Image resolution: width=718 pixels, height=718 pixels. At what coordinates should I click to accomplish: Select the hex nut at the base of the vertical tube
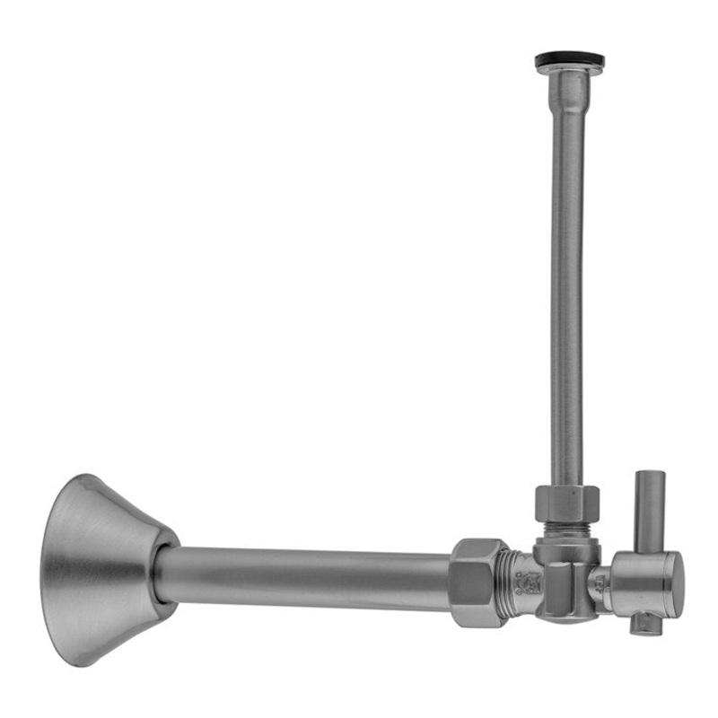pyautogui.click(x=567, y=503)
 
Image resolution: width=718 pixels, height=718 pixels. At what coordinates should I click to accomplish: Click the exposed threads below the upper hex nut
pyautogui.click(x=567, y=530)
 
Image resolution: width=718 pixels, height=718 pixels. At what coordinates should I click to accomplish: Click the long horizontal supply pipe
pyautogui.click(x=305, y=574)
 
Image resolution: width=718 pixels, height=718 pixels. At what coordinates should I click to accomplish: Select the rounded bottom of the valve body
pyautogui.click(x=564, y=616)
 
